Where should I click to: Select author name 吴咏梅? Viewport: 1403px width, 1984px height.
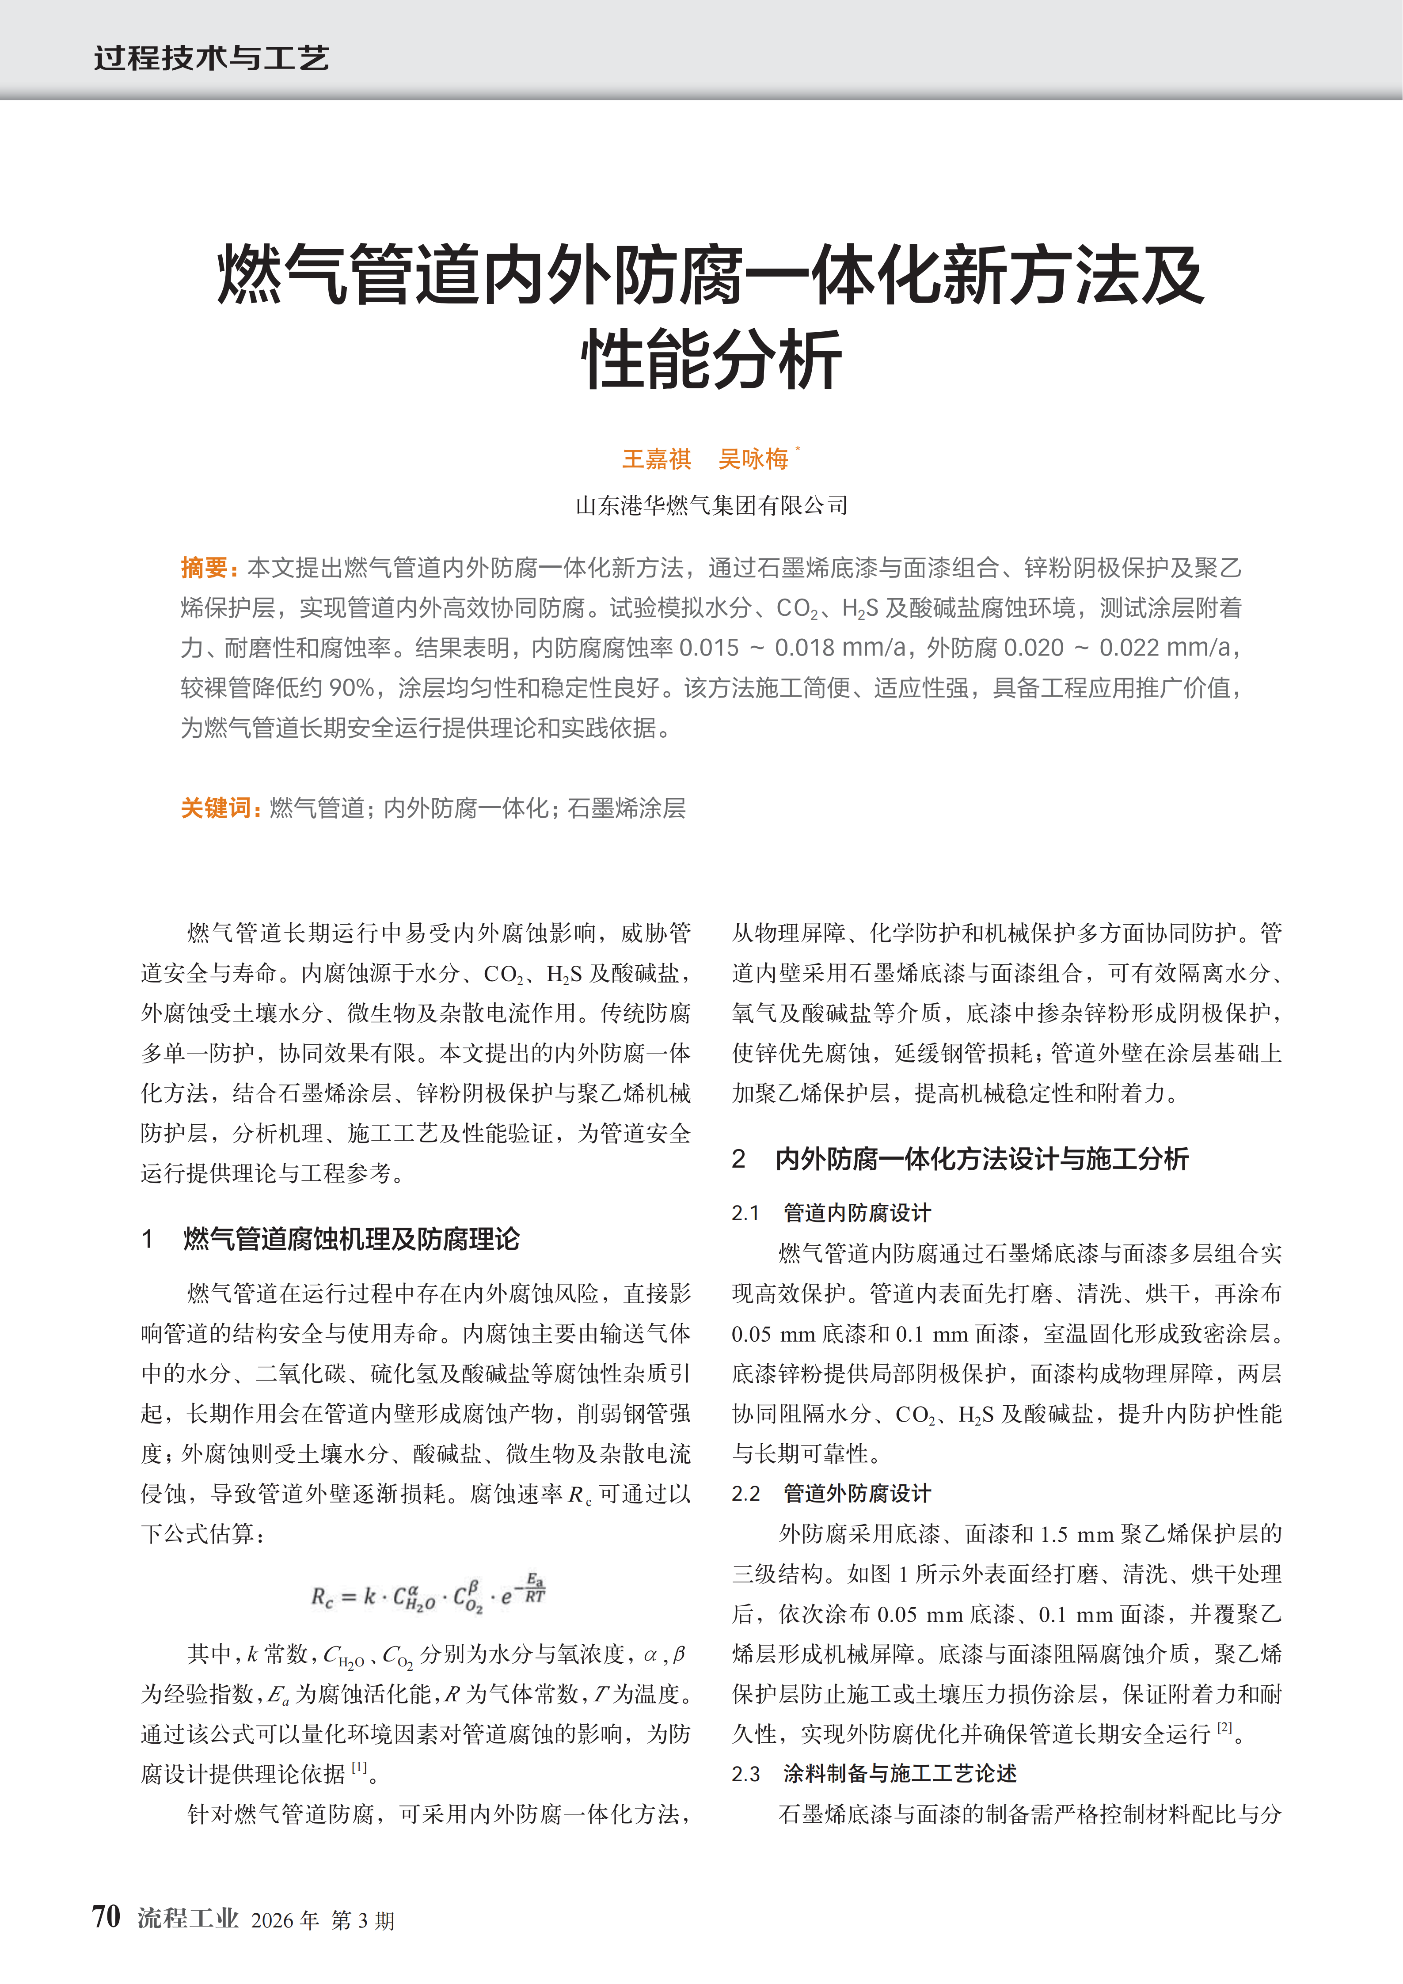point(753,459)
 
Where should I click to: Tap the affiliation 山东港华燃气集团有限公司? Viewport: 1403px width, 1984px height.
point(711,505)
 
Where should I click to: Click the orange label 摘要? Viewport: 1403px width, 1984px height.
point(204,568)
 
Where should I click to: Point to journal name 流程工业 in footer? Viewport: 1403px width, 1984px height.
point(188,1918)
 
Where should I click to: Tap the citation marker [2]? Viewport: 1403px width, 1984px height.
point(1224,1727)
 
